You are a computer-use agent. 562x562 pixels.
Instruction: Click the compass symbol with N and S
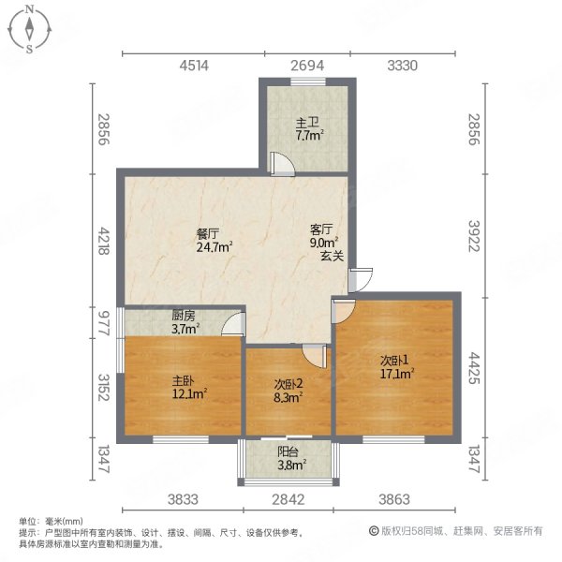30,29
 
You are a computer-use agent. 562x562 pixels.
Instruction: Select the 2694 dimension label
306,66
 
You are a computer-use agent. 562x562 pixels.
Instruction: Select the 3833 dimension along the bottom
185,499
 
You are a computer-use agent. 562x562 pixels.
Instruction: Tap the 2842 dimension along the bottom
288,499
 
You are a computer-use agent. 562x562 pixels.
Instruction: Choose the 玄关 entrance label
331,254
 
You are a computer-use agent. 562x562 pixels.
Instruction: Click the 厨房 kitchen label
183,316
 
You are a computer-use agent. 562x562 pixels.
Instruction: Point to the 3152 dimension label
104,386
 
